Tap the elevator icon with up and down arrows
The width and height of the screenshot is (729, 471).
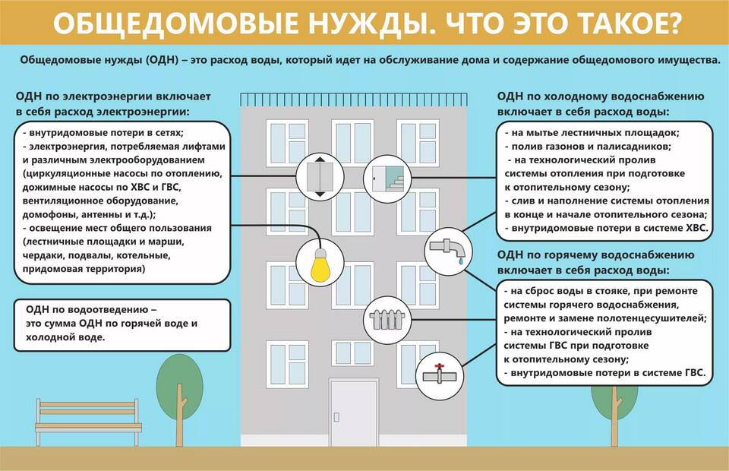click(x=320, y=177)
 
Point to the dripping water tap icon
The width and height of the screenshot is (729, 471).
click(x=448, y=251)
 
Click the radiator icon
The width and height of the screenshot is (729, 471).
click(x=387, y=320)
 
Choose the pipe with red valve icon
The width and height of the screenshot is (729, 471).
click(x=440, y=375)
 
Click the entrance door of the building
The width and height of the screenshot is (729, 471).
click(x=354, y=412)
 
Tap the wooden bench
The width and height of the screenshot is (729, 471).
click(x=88, y=422)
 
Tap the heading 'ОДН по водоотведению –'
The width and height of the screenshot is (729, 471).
click(x=91, y=310)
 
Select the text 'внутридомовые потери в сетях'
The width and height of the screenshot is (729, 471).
click(x=105, y=133)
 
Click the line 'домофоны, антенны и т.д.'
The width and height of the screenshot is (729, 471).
click(x=87, y=215)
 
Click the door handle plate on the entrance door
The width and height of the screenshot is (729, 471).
click(x=336, y=417)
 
